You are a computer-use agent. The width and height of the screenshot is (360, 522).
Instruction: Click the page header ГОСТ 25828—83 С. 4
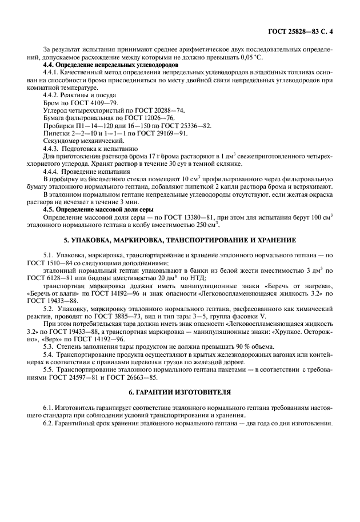pyautogui.click(x=300, y=32)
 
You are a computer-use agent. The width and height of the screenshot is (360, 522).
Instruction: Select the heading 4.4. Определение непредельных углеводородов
pyautogui.click(x=111, y=65)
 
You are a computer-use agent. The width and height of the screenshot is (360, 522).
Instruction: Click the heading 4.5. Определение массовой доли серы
pyautogui.click(x=97, y=209)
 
